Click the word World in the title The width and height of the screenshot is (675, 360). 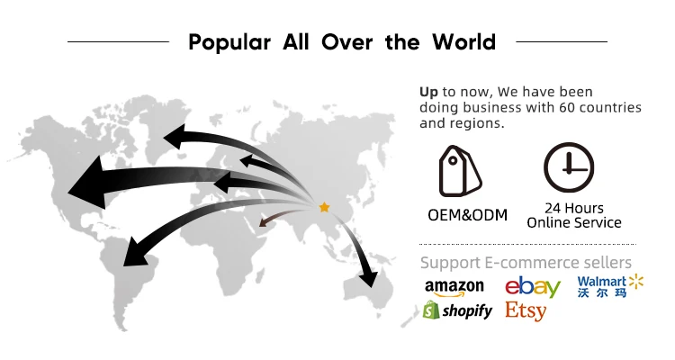[458, 42]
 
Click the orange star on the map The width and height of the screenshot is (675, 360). [324, 207]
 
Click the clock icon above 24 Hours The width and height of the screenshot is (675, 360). [568, 168]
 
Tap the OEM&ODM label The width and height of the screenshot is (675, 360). [467, 215]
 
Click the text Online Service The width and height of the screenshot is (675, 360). [574, 222]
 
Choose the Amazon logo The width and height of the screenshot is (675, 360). [454, 287]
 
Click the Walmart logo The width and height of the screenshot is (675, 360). [610, 287]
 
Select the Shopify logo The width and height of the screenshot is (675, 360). [457, 310]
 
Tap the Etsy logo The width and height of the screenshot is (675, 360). [526, 311]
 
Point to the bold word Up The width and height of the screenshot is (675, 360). [428, 92]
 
